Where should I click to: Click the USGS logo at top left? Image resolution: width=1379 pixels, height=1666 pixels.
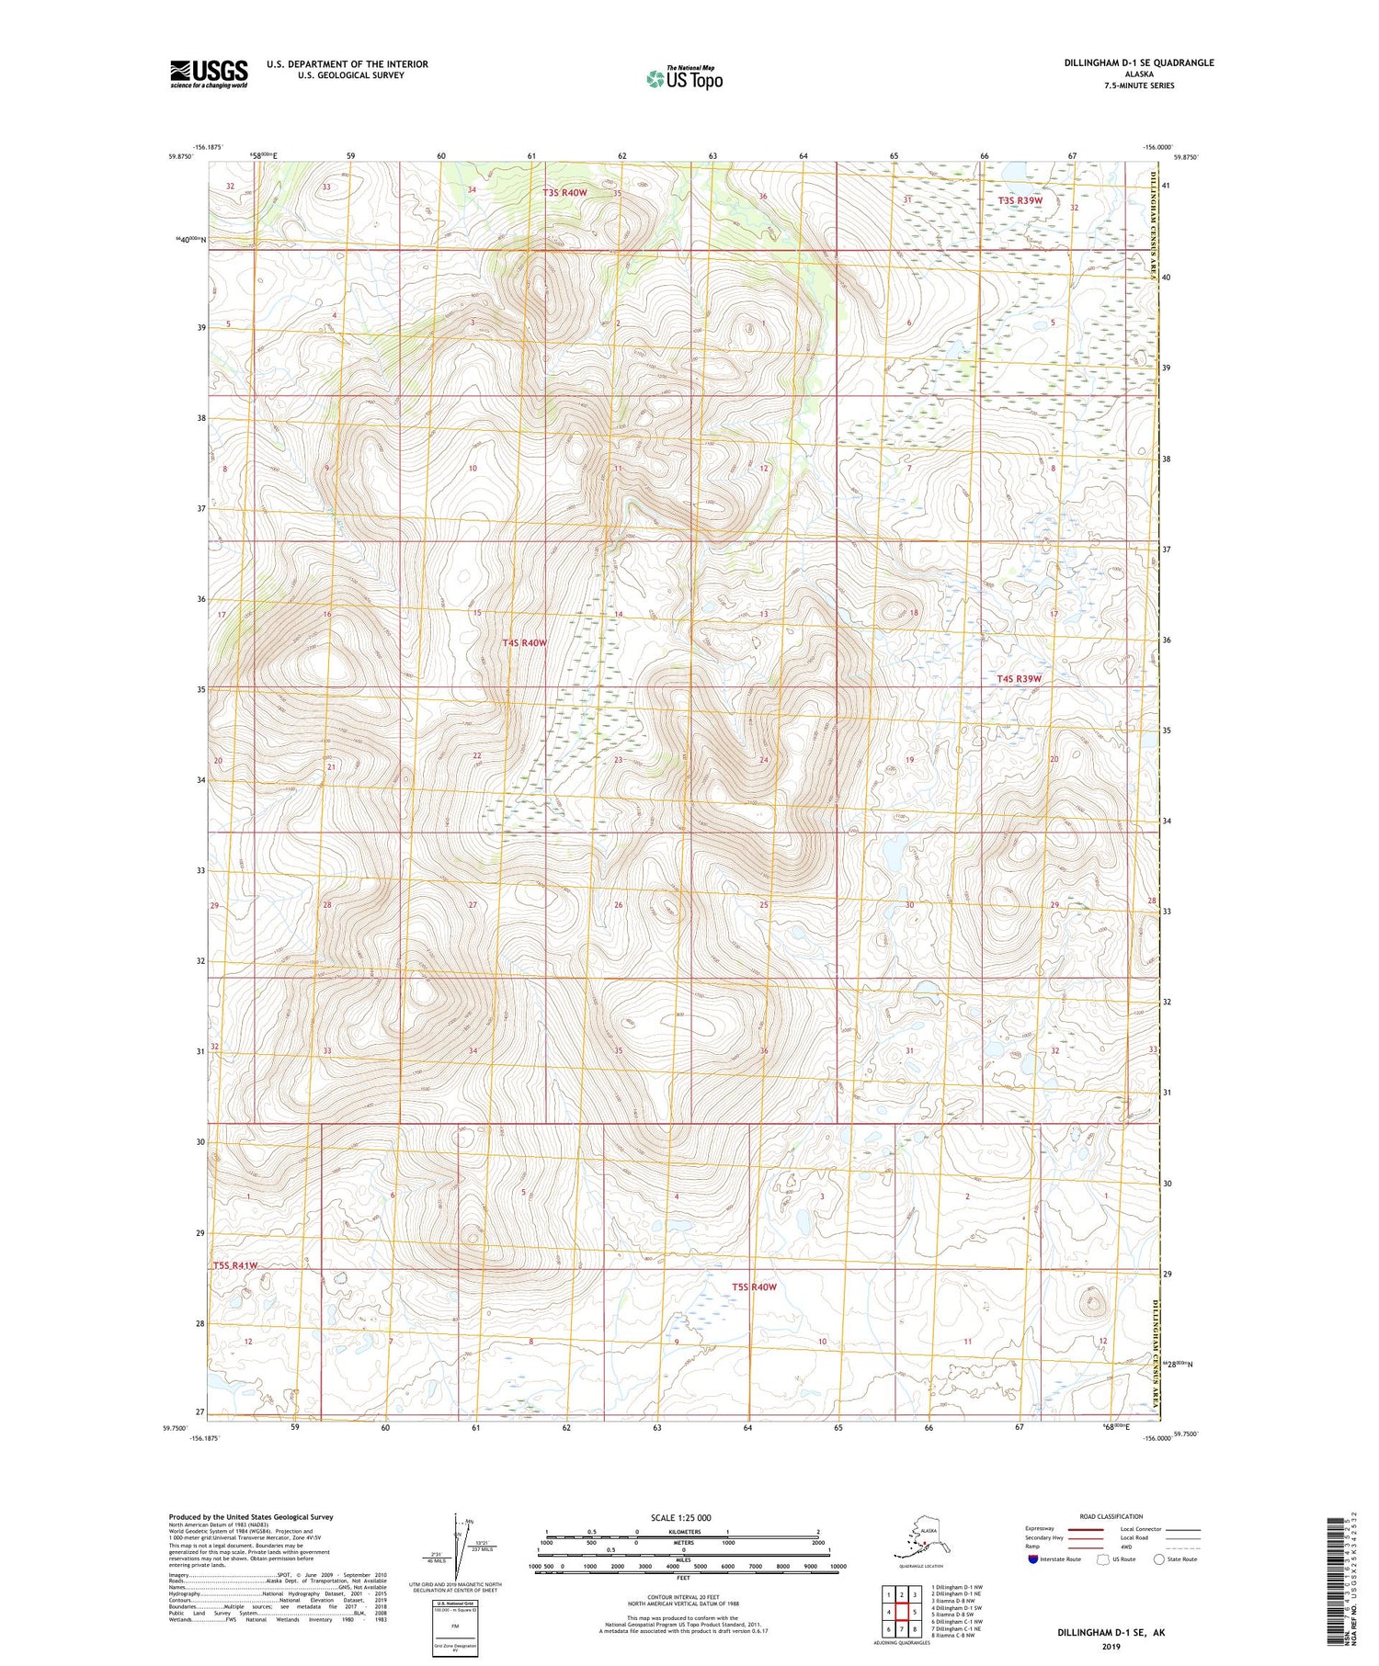pyautogui.click(x=209, y=73)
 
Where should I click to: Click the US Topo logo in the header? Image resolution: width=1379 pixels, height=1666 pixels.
pyautogui.click(x=684, y=78)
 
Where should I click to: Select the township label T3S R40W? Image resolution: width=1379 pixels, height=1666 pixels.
pyautogui.click(x=564, y=193)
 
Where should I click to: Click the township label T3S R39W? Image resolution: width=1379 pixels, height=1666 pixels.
pyautogui.click(x=1020, y=200)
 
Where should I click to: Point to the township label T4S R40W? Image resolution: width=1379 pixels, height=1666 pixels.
pyautogui.click(x=525, y=643)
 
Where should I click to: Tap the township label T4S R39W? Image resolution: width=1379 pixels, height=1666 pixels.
pyautogui.click(x=1020, y=679)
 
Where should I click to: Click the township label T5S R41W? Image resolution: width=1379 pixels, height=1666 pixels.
pyautogui.click(x=235, y=1265)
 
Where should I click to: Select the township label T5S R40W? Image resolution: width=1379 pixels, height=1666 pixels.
pyautogui.click(x=754, y=1286)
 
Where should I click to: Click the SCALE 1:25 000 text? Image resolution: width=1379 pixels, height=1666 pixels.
pyautogui.click(x=680, y=1517)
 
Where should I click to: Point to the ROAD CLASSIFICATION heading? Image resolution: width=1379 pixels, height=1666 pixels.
pyautogui.click(x=1111, y=1516)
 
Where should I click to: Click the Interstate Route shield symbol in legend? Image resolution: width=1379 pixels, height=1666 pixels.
pyautogui.click(x=1032, y=1559)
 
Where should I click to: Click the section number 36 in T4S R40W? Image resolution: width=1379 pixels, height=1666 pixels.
pyautogui.click(x=763, y=1050)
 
